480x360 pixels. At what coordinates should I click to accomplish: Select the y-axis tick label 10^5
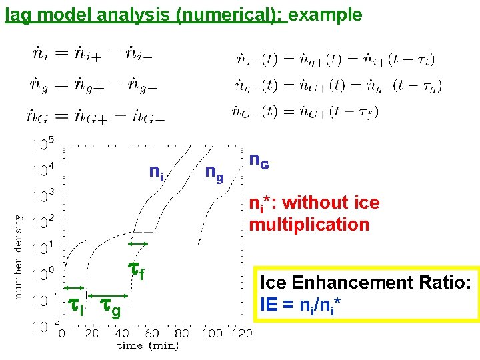[43, 143]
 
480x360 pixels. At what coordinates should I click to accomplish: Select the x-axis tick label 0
[61, 333]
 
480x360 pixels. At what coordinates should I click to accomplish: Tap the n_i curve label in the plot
[156, 174]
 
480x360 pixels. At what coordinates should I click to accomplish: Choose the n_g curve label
[214, 174]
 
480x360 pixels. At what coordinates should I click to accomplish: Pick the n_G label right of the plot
[259, 161]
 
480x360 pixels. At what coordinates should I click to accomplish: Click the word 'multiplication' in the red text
[309, 224]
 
